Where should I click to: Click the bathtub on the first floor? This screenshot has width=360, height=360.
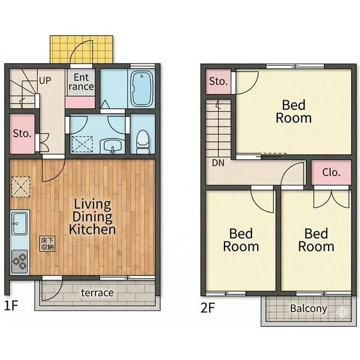(142, 88)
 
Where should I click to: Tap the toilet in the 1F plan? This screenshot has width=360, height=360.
(142, 142)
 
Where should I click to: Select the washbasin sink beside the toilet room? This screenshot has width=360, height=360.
(112, 146)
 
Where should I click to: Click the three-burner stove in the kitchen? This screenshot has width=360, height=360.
(20, 262)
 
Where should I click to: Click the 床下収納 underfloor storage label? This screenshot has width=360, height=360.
(47, 244)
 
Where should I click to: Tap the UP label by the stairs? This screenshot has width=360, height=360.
(45, 80)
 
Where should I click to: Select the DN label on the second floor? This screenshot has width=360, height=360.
(218, 163)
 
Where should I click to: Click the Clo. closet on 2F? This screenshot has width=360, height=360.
(331, 173)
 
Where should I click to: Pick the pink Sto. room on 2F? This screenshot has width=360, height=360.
(218, 82)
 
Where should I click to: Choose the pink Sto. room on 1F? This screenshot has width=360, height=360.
(22, 134)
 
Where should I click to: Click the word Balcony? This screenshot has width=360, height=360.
(309, 309)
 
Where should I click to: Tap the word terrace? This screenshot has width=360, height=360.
(97, 292)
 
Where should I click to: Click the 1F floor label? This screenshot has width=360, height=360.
(11, 305)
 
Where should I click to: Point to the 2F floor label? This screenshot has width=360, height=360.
(208, 308)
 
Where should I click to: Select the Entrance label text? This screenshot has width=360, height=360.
(81, 82)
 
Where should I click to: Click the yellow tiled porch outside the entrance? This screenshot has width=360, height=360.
(82, 49)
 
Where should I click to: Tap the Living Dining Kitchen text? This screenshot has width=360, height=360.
(92, 217)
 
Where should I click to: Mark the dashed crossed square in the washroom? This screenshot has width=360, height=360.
(82, 144)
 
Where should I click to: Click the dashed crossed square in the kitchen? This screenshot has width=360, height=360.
(21, 187)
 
